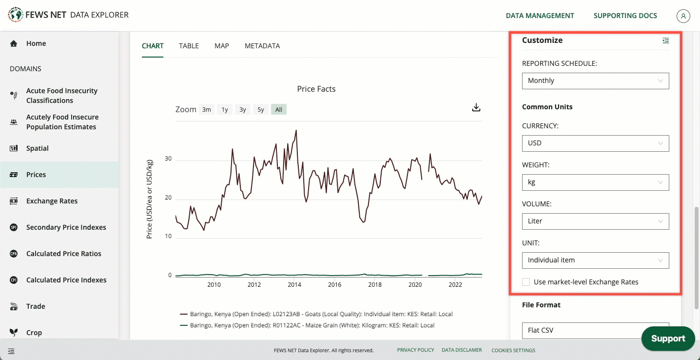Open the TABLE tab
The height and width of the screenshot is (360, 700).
pyautogui.click(x=189, y=46)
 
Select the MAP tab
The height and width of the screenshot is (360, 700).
pyautogui.click(x=221, y=46)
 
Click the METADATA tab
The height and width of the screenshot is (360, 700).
pyautogui.click(x=262, y=46)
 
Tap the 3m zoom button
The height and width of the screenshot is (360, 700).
pyautogui.click(x=207, y=110)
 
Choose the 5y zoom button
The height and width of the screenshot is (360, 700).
pyautogui.click(x=261, y=110)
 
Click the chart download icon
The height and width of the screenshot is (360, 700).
pyautogui.click(x=476, y=107)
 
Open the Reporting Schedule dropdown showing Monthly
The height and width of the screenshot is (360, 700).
pyautogui.click(x=595, y=81)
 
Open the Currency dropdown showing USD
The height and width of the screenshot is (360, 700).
pyautogui.click(x=595, y=143)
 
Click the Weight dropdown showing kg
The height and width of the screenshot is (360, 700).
pyautogui.click(x=595, y=182)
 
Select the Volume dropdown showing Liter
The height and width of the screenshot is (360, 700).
pyautogui.click(x=595, y=221)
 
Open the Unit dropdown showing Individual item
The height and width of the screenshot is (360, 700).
pyautogui.click(x=595, y=260)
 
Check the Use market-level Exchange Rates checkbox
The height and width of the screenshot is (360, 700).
pyautogui.click(x=526, y=282)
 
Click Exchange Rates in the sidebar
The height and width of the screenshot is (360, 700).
pyautogui.click(x=52, y=201)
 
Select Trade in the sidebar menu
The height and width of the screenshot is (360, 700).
pyautogui.click(x=36, y=306)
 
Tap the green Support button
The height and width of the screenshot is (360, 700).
pyautogui.click(x=668, y=339)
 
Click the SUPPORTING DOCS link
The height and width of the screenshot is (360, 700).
pyautogui.click(x=625, y=16)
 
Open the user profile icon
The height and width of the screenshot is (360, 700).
pyautogui.click(x=683, y=16)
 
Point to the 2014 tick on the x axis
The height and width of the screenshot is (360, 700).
pyautogui.click(x=294, y=284)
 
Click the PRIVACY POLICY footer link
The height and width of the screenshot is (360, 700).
pyautogui.click(x=415, y=350)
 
